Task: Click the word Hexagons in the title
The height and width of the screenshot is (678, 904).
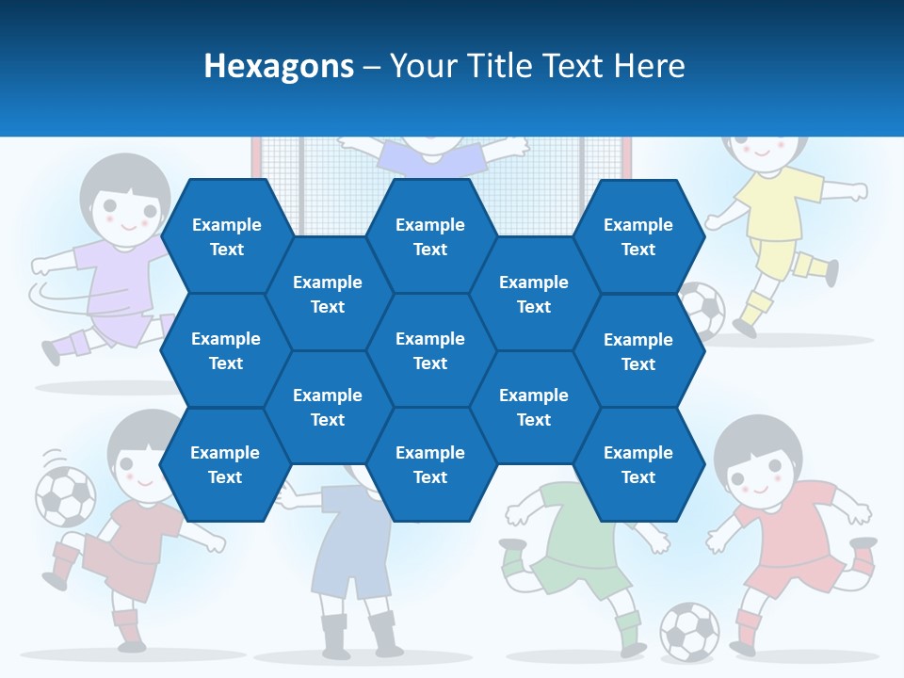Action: [x=279, y=66]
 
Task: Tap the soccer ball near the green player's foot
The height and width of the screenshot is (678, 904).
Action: [x=688, y=630]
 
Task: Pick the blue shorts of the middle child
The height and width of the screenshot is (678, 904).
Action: [x=351, y=565]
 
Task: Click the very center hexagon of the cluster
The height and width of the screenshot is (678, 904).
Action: [x=430, y=350]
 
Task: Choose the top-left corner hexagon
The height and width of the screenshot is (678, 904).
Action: [x=226, y=236]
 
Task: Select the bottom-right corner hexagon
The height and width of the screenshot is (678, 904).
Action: [x=638, y=464]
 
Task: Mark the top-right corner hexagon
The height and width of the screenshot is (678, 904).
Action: [x=638, y=236]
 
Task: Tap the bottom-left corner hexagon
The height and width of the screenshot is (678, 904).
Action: [x=225, y=464]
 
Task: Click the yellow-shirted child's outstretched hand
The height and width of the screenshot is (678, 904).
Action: [x=858, y=191]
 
